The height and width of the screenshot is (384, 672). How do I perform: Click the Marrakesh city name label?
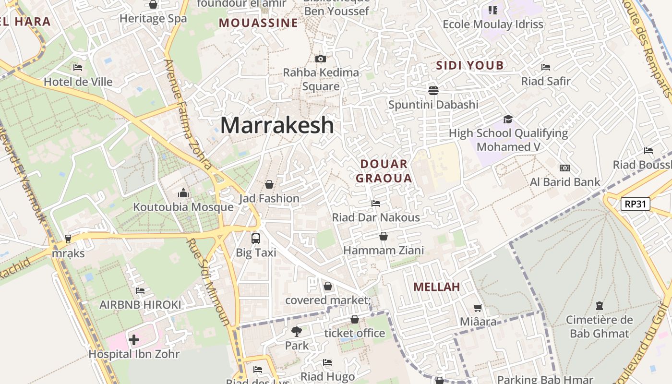tap(277, 125)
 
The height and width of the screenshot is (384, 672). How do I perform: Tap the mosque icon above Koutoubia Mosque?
tap(183, 193)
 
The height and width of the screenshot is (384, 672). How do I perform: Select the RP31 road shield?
tap(635, 204)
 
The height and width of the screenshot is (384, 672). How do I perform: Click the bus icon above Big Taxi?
tap(256, 238)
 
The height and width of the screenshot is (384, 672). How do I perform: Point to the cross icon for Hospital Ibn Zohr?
tap(134, 340)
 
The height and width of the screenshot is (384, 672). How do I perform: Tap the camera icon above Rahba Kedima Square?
tap(321, 59)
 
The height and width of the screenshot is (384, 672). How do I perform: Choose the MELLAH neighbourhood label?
tap(436, 287)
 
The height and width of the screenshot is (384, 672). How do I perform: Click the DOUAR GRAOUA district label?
tap(385, 171)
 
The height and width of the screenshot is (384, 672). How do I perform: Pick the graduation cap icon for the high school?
tap(508, 119)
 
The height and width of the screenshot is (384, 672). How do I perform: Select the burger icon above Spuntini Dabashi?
tap(433, 91)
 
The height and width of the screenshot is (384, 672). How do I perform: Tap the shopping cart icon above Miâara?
tap(478, 308)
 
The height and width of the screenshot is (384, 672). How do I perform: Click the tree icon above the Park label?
tap(297, 331)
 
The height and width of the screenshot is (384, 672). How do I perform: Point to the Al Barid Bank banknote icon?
tap(565, 168)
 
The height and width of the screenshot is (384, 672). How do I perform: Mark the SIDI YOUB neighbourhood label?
tap(469, 66)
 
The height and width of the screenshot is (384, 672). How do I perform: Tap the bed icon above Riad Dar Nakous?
tap(376, 204)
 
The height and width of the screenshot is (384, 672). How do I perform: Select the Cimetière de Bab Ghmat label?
tap(599, 326)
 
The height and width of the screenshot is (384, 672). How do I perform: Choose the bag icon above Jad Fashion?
tap(269, 184)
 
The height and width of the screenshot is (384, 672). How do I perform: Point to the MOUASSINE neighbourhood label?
tap(258, 23)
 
